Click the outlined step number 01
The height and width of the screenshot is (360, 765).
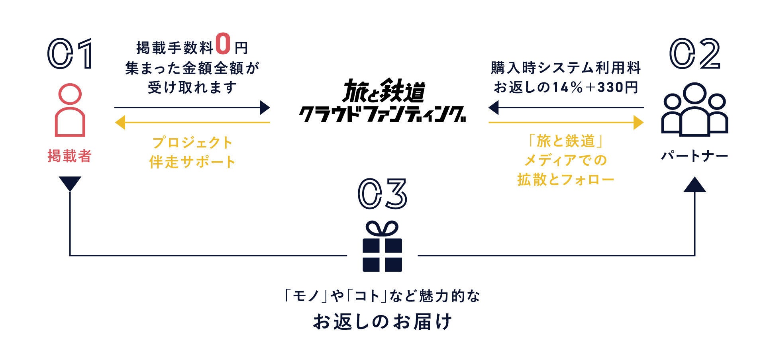tap(70, 54)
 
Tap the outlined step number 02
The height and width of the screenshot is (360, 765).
tap(694, 54)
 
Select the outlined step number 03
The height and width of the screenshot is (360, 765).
tap(382, 194)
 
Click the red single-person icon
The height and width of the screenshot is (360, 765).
tap(70, 110)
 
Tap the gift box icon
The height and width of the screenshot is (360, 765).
tap(382, 247)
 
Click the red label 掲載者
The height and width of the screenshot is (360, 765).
tap(70, 156)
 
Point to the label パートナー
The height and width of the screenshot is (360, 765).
tap(694, 156)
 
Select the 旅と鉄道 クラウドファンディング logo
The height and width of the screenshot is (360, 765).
tap(382, 100)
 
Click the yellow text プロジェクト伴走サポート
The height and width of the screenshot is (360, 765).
tap(192, 152)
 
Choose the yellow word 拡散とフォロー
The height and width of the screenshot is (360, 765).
tap(566, 180)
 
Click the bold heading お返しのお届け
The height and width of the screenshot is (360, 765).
tap(382, 322)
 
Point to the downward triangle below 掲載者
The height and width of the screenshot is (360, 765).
tap(70, 183)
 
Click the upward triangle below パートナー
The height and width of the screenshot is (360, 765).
tap(694, 185)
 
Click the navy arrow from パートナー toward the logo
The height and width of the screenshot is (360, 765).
tap(566, 108)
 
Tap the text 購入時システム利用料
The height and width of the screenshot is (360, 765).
tap(566, 68)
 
